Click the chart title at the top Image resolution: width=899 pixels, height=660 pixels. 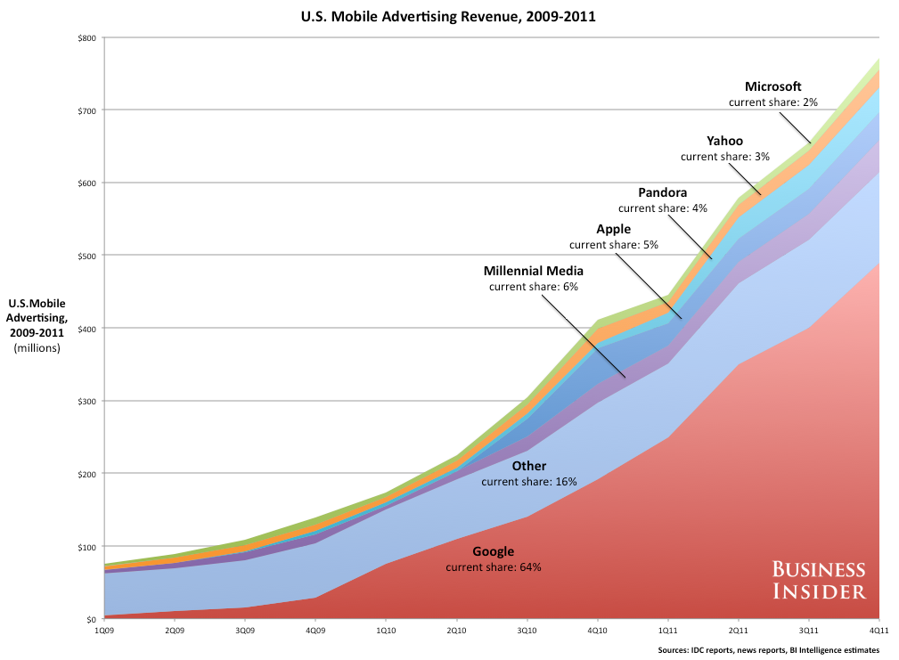pyautogui.click(x=449, y=15)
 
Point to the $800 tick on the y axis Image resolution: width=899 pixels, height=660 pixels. pyautogui.click(x=87, y=37)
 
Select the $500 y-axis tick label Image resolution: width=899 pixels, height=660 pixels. pyautogui.click(x=87, y=256)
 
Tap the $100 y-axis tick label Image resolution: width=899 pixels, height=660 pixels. pyautogui.click(x=87, y=546)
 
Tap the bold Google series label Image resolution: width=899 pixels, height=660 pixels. pyautogui.click(x=493, y=551)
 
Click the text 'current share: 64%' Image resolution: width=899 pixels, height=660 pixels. pyautogui.click(x=493, y=566)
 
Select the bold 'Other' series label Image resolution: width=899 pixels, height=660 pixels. pyautogui.click(x=529, y=466)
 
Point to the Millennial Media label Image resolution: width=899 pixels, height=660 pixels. pyautogui.click(x=534, y=271)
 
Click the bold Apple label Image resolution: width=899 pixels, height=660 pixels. pyautogui.click(x=613, y=229)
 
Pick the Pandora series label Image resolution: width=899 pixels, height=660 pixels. pyautogui.click(x=662, y=192)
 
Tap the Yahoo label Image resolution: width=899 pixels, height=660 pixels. pyautogui.click(x=724, y=141)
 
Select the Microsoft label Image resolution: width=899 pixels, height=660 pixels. pyautogui.click(x=772, y=86)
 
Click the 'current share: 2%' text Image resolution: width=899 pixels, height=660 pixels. pyautogui.click(x=772, y=102)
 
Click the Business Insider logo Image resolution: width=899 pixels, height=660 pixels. pyautogui.click(x=818, y=579)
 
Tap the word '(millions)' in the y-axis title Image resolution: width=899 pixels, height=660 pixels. pyautogui.click(x=37, y=347)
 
